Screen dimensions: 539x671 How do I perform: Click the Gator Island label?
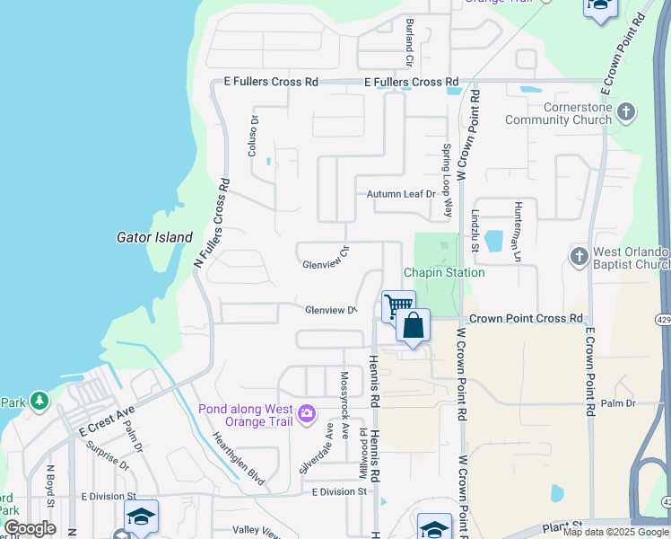point(154,238)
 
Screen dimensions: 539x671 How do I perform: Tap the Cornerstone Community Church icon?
point(627,113)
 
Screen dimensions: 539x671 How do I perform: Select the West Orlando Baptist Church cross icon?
point(579,257)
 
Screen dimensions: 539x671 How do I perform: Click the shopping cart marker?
point(397,305)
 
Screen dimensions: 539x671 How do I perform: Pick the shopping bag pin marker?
point(413,325)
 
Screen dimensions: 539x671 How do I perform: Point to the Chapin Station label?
point(443,272)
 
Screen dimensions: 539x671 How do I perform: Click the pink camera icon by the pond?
point(308,412)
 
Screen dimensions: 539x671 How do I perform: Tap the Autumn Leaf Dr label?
point(400,194)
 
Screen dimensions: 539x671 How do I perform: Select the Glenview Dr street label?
point(330,311)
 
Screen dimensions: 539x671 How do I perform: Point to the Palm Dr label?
point(618,403)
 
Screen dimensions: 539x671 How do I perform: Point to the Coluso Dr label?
point(253,136)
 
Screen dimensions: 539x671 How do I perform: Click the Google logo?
point(29,528)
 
